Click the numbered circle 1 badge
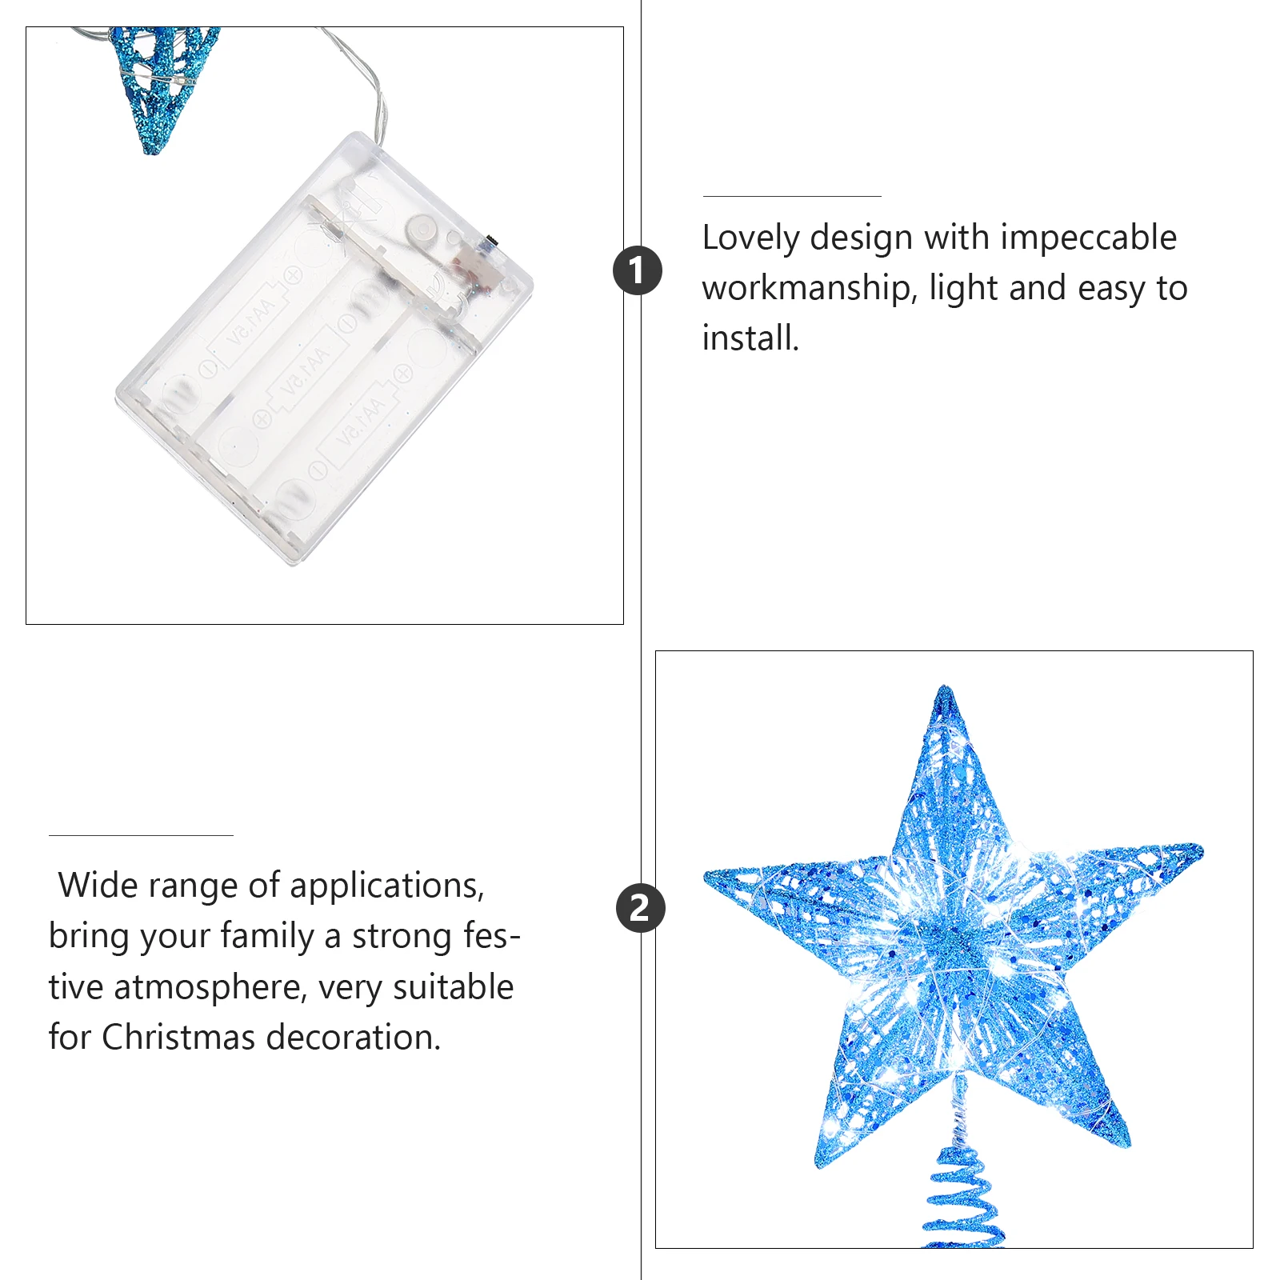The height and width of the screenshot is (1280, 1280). pos(638,270)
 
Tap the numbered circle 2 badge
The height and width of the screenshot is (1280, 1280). pos(640,908)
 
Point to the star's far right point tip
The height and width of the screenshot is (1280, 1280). pos(1198,849)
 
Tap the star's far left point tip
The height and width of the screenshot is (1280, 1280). pos(709,876)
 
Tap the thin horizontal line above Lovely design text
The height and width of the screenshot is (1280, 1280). pos(791,196)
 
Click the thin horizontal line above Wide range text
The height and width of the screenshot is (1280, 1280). pos(141,835)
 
